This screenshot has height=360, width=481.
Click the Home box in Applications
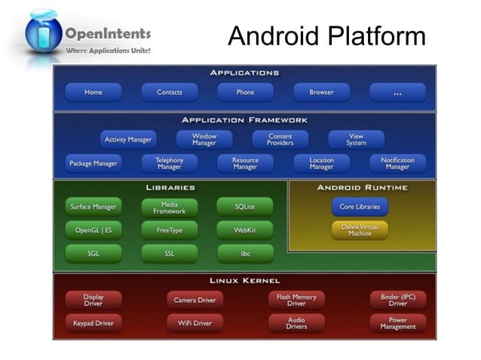[x=93, y=93]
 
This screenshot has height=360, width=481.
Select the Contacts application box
[x=169, y=93]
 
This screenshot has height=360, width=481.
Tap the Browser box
[x=321, y=93]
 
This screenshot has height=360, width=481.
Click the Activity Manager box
[x=128, y=139]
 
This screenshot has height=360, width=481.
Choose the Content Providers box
[x=280, y=139]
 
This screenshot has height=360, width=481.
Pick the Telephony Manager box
[x=169, y=163]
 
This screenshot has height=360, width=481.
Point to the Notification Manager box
[x=397, y=163]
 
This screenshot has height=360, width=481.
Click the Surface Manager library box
[x=93, y=207]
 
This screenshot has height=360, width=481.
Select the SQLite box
[x=244, y=207]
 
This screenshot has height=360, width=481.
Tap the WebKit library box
[x=244, y=230]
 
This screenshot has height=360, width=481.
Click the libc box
[x=245, y=254]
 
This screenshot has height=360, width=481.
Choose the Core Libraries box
[x=360, y=206]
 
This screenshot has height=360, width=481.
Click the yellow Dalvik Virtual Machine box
[x=360, y=230]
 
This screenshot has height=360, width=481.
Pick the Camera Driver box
[x=195, y=300]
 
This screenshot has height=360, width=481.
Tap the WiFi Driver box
[x=195, y=323]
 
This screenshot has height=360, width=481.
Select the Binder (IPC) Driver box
[x=397, y=300]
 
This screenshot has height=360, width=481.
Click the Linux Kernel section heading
[x=244, y=281]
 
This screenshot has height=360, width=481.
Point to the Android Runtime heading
[x=362, y=188]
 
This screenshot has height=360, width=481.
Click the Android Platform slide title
[x=326, y=35]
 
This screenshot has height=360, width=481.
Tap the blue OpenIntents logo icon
[x=43, y=34]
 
